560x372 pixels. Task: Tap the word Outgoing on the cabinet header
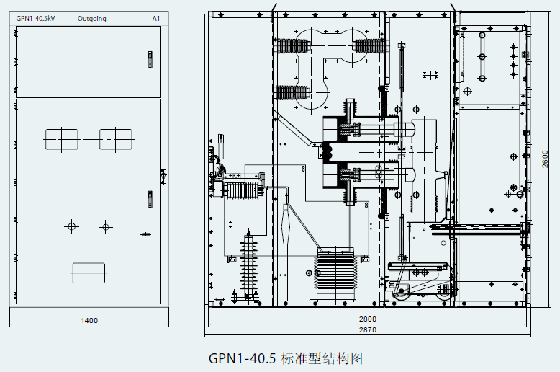(x=91, y=19)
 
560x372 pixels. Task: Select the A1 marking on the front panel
(x=155, y=19)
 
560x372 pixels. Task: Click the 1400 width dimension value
(x=89, y=320)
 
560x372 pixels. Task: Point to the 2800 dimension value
(x=367, y=319)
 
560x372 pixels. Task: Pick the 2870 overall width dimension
(x=367, y=329)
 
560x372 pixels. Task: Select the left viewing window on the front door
(x=61, y=138)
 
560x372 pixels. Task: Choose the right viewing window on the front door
(x=115, y=138)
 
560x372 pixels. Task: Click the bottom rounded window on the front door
(x=89, y=273)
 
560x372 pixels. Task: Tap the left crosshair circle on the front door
(x=71, y=227)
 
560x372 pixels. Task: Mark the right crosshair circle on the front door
(x=106, y=227)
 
